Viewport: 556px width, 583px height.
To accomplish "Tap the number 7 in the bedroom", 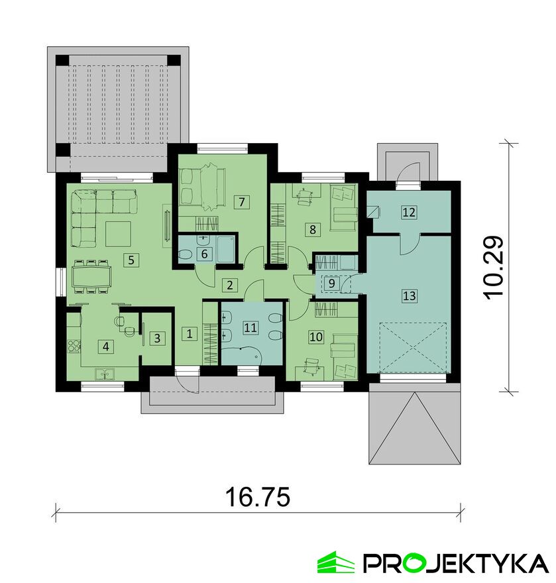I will [x=243, y=201].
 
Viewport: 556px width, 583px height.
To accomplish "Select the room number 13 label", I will [x=410, y=296].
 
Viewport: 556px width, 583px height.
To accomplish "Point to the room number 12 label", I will [x=409, y=213].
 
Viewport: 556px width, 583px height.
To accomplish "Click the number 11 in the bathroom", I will [x=250, y=327].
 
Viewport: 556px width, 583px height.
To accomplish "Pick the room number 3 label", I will [x=156, y=338].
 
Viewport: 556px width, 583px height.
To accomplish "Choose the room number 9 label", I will [x=330, y=283].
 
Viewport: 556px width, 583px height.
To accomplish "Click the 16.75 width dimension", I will [x=258, y=497].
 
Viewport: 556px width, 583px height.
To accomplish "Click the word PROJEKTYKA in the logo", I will [x=456, y=563].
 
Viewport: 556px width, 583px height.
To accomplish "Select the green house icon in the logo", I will [x=336, y=563].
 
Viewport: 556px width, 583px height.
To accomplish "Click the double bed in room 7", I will [x=201, y=186].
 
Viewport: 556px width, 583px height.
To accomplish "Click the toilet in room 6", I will [x=186, y=254].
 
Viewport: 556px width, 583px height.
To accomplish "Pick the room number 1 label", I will [x=190, y=334].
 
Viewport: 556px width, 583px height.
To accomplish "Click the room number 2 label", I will [x=230, y=286].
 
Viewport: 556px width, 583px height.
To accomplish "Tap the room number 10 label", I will [x=316, y=337].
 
